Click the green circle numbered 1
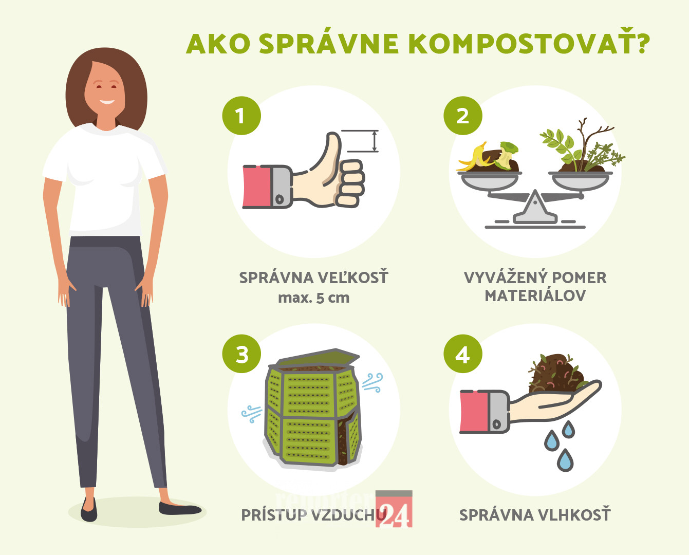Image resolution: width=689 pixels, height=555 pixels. [x=241, y=116]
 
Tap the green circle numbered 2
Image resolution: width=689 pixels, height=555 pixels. [x=462, y=116]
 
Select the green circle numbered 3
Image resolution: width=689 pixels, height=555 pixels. [x=241, y=354]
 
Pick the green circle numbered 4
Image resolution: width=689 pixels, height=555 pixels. [x=462, y=354]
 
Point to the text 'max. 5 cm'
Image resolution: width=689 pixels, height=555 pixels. [x=314, y=298]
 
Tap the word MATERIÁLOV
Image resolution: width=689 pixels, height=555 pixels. [x=535, y=295]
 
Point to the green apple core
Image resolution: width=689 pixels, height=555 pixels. [x=506, y=155]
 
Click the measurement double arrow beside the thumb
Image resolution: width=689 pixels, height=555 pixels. [x=374, y=141]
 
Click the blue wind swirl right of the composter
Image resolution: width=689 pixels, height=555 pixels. [x=373, y=382]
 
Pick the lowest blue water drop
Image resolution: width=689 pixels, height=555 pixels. [x=565, y=460]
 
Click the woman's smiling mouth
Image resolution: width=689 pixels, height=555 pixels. [x=107, y=102]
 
